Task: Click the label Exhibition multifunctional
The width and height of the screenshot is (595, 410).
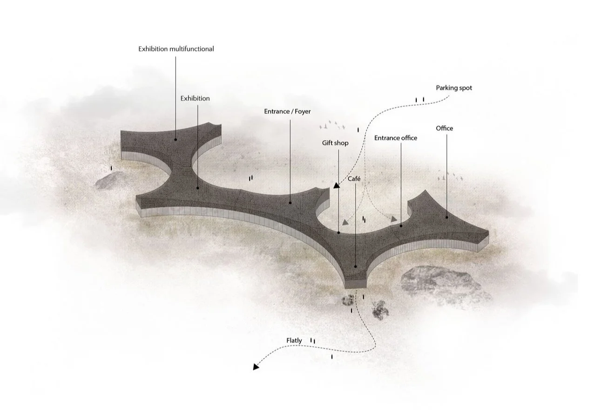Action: tap(176, 49)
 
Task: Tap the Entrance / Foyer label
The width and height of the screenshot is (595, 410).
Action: tap(287, 112)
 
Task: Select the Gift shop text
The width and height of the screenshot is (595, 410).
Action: tap(335, 143)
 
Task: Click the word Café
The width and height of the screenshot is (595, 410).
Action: tap(354, 179)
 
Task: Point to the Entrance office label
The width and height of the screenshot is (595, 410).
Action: tap(396, 138)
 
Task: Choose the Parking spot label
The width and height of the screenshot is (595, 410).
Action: tap(454, 88)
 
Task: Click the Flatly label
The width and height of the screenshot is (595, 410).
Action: tap(294, 341)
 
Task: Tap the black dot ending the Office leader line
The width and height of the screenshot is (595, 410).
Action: tap(447, 217)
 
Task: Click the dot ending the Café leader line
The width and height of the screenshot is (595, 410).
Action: tap(355, 267)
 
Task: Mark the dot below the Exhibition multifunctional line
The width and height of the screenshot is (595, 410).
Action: tap(176, 139)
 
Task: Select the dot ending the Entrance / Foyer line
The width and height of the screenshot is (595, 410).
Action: tap(290, 203)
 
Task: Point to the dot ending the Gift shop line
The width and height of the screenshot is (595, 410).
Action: tap(338, 232)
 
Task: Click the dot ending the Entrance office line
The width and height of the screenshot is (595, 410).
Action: tap(401, 226)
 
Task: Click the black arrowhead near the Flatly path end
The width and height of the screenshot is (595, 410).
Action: tap(256, 367)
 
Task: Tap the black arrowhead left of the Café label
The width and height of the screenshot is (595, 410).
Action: tap(336, 185)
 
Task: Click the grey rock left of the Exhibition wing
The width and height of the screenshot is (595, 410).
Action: tap(110, 181)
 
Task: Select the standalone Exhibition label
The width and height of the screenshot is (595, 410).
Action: tap(195, 99)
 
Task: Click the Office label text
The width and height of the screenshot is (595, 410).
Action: tap(444, 128)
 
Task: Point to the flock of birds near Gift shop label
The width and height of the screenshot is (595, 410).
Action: tap(332, 125)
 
